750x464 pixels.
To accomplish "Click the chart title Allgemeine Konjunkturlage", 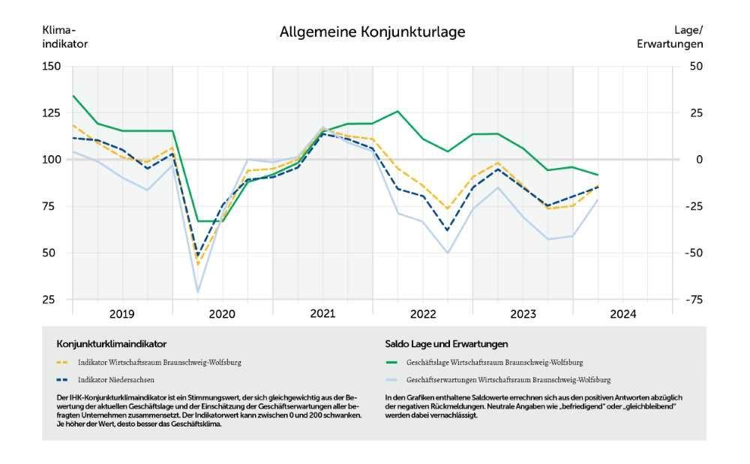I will click(372, 32).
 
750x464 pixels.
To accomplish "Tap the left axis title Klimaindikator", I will click(65, 37).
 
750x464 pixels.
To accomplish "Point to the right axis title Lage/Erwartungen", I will click(670, 37).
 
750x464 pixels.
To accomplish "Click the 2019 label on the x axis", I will click(121, 314).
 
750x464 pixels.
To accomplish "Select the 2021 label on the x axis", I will click(322, 313).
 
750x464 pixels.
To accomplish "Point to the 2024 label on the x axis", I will click(622, 314).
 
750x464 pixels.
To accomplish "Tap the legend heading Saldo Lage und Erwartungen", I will click(446, 343).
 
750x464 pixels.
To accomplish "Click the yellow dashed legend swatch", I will click(63, 362).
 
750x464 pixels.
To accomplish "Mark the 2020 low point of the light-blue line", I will click(198, 292).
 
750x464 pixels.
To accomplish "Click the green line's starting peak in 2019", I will click(73, 96).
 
